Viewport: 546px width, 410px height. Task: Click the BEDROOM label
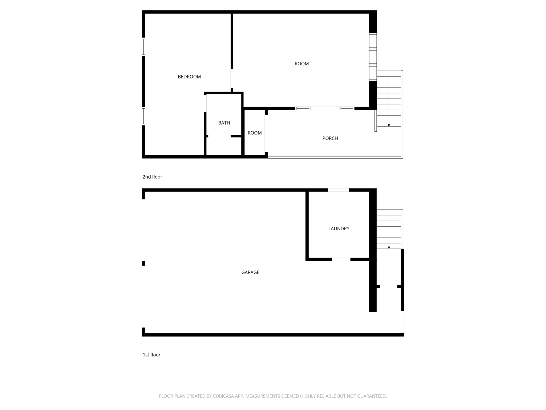click(x=189, y=77)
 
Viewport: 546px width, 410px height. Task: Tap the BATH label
click(x=224, y=123)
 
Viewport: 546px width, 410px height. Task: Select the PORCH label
click(x=330, y=139)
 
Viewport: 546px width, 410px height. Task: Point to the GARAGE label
click(x=250, y=273)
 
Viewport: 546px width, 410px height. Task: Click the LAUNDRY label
click(x=339, y=229)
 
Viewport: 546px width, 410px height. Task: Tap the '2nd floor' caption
click(x=152, y=177)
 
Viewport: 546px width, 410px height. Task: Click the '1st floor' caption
click(x=151, y=355)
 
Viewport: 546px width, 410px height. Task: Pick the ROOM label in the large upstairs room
click(x=302, y=64)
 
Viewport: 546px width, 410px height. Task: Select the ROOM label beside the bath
click(x=255, y=133)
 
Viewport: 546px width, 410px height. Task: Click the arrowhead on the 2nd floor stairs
click(x=389, y=125)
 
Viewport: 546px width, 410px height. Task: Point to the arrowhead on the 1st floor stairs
click(x=389, y=248)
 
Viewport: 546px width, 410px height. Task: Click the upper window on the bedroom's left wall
click(x=143, y=47)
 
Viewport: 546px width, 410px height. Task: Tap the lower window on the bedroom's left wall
click(x=143, y=116)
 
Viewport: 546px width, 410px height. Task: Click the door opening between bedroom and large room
click(x=232, y=78)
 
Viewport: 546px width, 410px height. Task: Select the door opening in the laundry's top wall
click(x=338, y=190)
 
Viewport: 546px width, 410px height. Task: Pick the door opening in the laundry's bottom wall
click(x=341, y=259)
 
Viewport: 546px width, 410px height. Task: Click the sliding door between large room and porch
click(x=325, y=108)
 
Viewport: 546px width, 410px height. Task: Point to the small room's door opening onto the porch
click(x=266, y=133)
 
